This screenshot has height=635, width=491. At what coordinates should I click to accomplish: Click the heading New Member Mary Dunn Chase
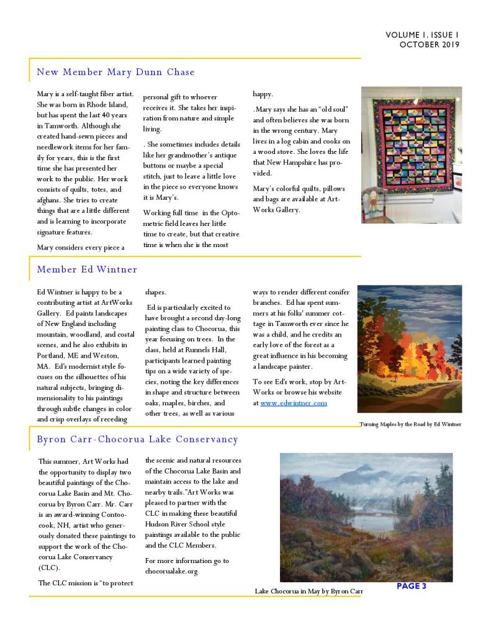click(x=115, y=72)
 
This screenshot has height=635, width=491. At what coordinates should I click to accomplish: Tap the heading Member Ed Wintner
click(x=87, y=269)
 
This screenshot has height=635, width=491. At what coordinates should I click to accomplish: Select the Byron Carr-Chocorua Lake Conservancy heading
click(x=137, y=439)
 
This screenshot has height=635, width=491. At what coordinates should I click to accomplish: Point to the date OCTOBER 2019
click(x=429, y=45)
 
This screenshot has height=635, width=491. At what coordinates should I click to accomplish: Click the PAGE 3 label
click(x=411, y=586)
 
